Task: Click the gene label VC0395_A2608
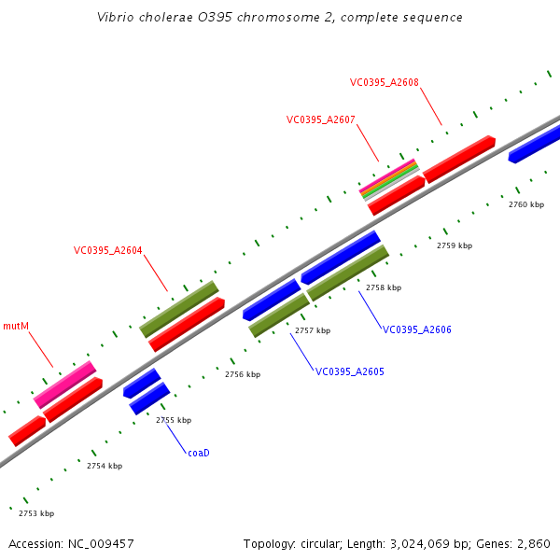click(x=384, y=82)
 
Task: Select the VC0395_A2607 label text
click(x=320, y=119)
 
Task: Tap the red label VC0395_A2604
click(x=107, y=250)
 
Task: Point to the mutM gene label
click(x=16, y=326)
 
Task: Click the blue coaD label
click(x=198, y=453)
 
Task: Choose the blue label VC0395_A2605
click(x=349, y=371)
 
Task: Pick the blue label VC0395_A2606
click(x=416, y=329)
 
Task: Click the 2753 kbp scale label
click(x=36, y=513)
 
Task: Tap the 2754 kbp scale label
click(x=105, y=466)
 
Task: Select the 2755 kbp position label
click(x=173, y=420)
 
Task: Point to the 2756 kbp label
click(x=242, y=374)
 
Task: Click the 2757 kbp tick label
click(x=313, y=330)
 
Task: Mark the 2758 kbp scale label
click(x=383, y=287)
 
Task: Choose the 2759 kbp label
click(x=455, y=245)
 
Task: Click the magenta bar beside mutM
click(x=65, y=385)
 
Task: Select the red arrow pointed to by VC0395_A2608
click(x=458, y=159)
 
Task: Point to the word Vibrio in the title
click(x=115, y=18)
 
